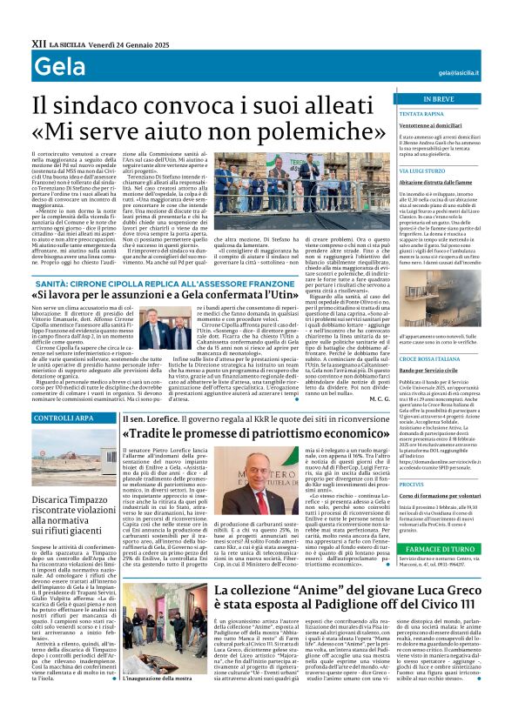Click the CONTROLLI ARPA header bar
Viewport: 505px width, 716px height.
coord(63,418)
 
